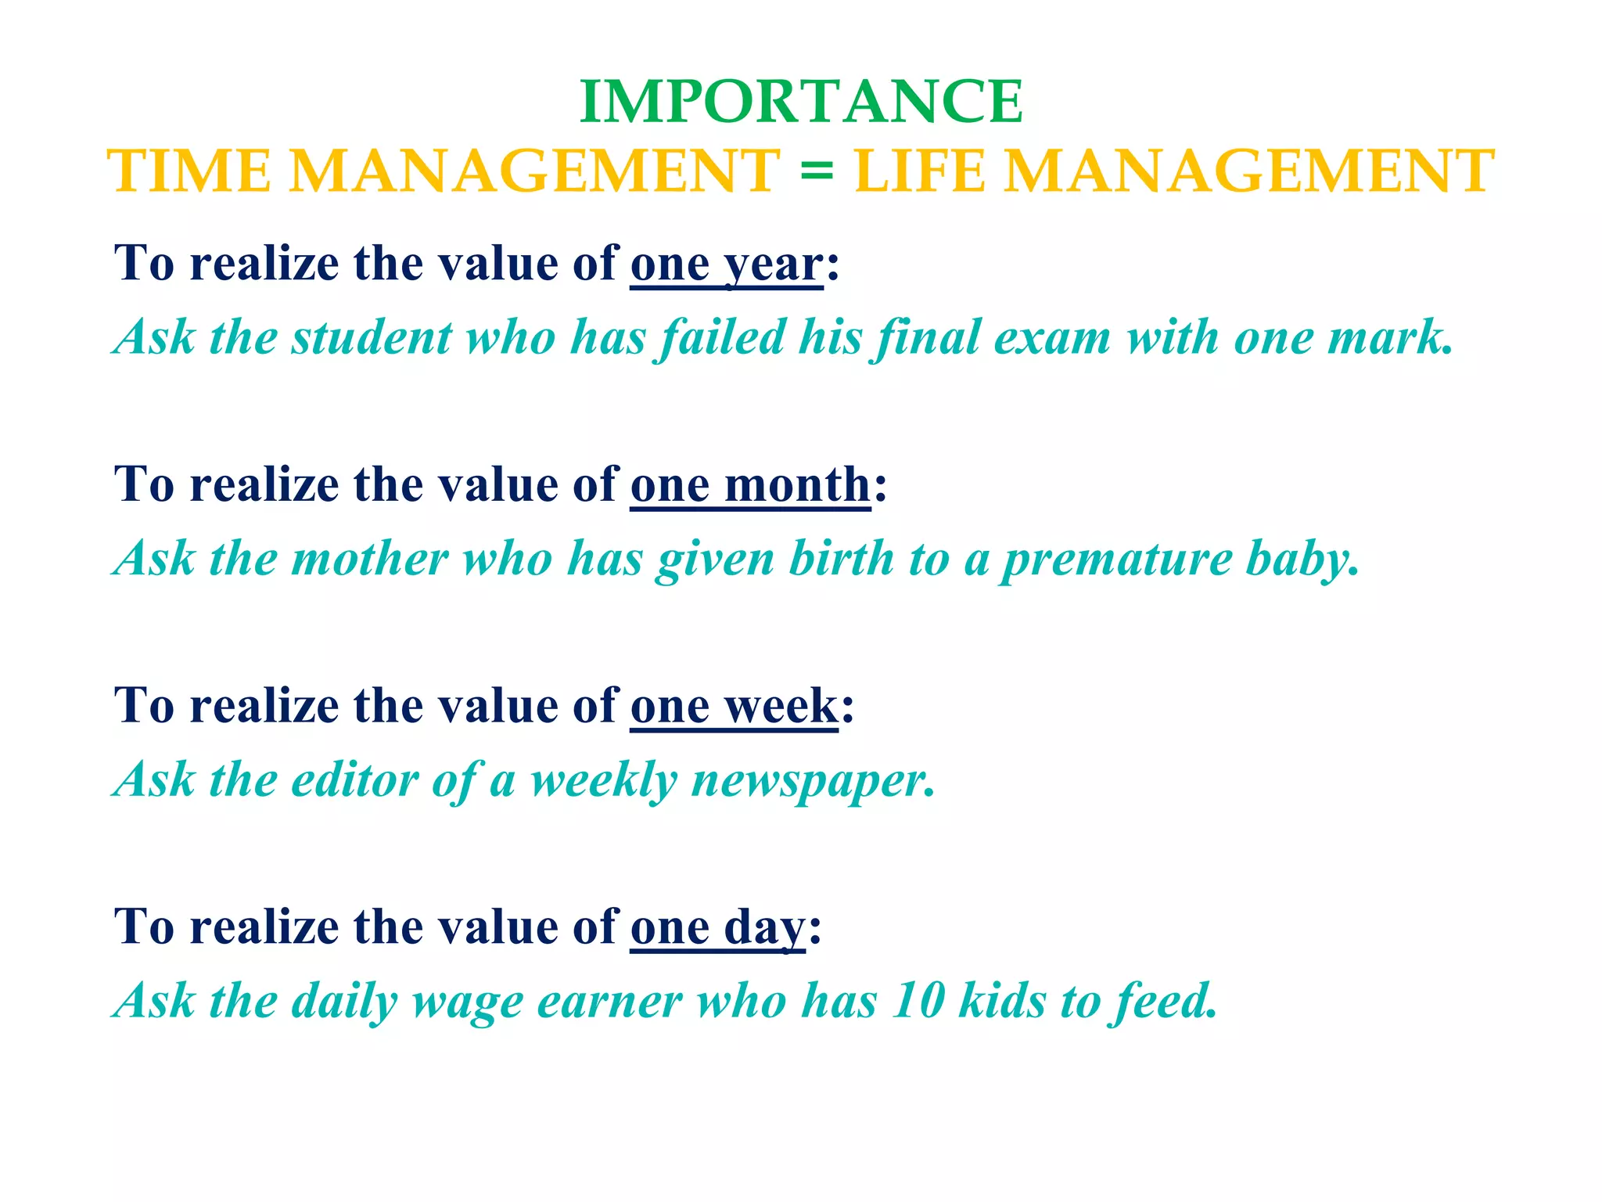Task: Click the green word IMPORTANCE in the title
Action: [x=801, y=103]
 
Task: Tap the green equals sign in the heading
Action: [x=817, y=171]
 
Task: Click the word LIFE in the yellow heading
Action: [x=920, y=171]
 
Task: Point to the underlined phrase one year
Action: [x=727, y=265]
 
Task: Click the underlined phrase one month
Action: [x=750, y=486]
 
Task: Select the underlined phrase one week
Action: [x=734, y=707]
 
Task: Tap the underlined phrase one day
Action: [x=717, y=928]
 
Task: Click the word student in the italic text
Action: [x=372, y=338]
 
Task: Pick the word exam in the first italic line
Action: [x=1052, y=338]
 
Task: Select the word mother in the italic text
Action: [x=370, y=560]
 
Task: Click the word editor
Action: [x=355, y=781]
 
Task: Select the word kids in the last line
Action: [x=1002, y=1002]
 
